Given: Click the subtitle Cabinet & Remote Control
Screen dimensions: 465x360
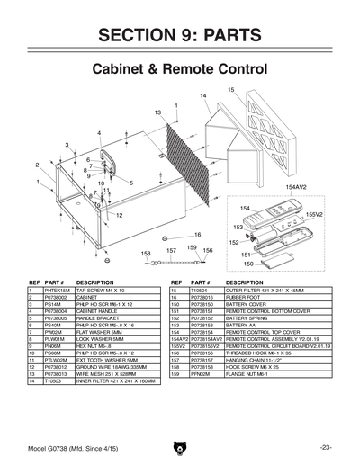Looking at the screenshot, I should point(180,69).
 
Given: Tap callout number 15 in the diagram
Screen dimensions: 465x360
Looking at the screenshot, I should point(231,90).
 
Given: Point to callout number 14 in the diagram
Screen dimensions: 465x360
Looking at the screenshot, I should point(203,96).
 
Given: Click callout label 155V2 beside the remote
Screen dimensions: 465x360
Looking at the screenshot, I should point(314,215).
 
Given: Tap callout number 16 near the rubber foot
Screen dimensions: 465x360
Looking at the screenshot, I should point(197,235).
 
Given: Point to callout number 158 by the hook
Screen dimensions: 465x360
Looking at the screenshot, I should point(146,255).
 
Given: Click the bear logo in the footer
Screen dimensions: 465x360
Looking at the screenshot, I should point(180,447).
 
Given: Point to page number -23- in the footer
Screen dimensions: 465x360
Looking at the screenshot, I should point(325,447).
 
